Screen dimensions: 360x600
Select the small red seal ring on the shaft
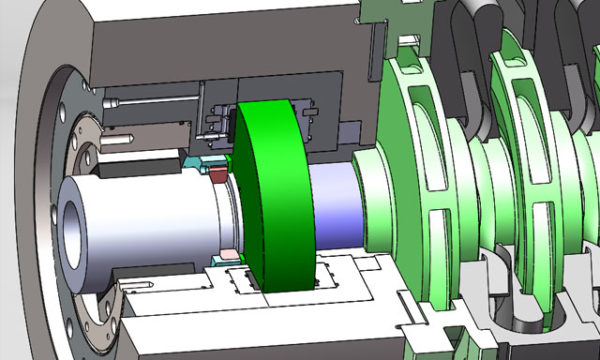(218, 176)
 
